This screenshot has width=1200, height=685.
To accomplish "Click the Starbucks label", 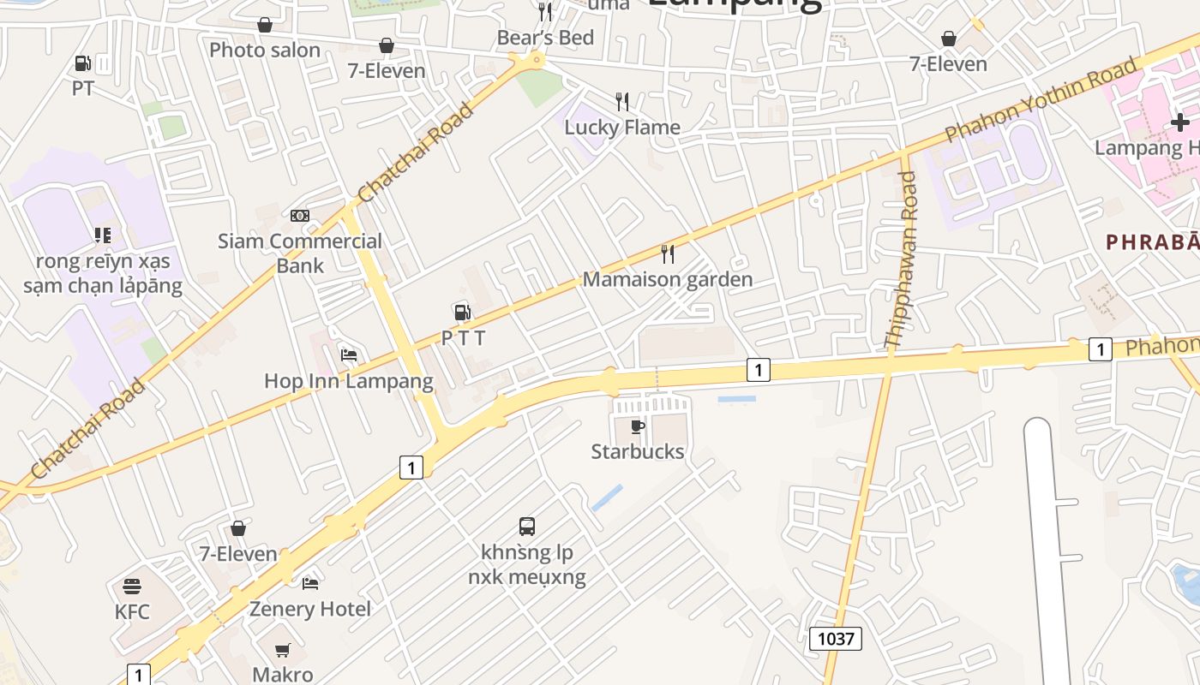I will pyautogui.click(x=638, y=451).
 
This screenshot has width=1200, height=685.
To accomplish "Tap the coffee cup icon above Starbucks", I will pyautogui.click(x=638, y=426).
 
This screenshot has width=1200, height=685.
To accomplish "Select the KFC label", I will pyautogui.click(x=132, y=611).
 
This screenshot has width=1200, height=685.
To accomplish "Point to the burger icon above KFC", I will pyautogui.click(x=131, y=587).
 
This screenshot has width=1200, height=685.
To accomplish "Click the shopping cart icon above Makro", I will pyautogui.click(x=283, y=651).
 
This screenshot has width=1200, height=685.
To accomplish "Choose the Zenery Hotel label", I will pyautogui.click(x=309, y=609).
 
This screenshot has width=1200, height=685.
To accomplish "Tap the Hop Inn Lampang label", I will pyautogui.click(x=348, y=380).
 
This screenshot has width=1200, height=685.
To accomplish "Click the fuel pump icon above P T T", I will pyautogui.click(x=462, y=313).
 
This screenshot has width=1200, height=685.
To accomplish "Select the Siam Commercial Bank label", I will pyautogui.click(x=299, y=253).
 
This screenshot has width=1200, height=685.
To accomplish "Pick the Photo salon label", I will pyautogui.click(x=265, y=50).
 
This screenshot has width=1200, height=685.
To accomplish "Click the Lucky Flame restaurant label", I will pyautogui.click(x=622, y=127).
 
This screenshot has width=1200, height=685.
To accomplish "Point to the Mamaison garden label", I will pyautogui.click(x=667, y=279).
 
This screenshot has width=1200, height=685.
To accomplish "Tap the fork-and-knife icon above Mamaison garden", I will pyautogui.click(x=668, y=253).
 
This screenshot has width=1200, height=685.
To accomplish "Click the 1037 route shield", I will pyautogui.click(x=835, y=638).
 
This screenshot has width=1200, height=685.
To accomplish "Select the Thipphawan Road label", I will pyautogui.click(x=901, y=259).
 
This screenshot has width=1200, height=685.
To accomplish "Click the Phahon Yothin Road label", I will pyautogui.click(x=1042, y=98).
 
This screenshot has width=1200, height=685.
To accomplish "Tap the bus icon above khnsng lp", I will pyautogui.click(x=527, y=527).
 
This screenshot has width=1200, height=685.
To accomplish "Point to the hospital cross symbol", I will pyautogui.click(x=1180, y=123).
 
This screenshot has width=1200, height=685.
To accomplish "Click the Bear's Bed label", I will pyautogui.click(x=545, y=37).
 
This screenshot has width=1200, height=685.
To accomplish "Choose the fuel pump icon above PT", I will pyautogui.click(x=82, y=63).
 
